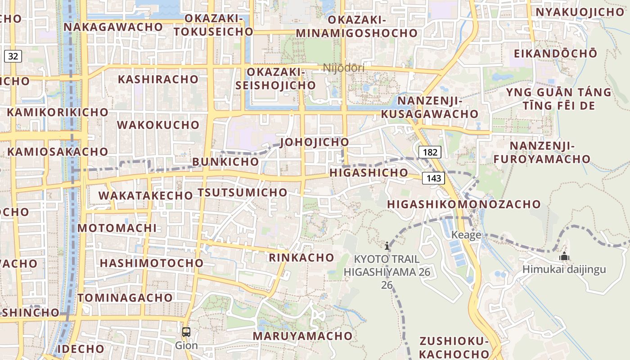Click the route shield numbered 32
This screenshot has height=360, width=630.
tap(13, 56)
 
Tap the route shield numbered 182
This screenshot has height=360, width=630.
tap(430, 152)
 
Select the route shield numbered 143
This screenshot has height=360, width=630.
tap(433, 178)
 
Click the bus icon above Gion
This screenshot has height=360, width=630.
tap(186, 332)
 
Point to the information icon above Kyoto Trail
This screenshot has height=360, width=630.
tap(387, 246)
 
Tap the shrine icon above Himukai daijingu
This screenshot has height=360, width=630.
tap(564, 257)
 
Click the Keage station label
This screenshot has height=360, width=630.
tap(466, 235)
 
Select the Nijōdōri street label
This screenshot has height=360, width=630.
tap(344, 68)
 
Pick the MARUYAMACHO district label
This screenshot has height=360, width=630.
tap(302, 336)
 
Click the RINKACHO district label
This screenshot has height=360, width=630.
tap(301, 257)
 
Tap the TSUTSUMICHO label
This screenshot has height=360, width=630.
tap(242, 192)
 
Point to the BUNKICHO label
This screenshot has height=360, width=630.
tap(225, 162)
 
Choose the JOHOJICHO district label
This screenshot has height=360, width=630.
tap(314, 142)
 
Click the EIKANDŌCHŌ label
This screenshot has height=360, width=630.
tap(556, 53)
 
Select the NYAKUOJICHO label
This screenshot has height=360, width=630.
tap(580, 12)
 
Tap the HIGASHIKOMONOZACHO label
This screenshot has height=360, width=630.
tap(464, 204)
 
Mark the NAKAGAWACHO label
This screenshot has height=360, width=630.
tap(113, 27)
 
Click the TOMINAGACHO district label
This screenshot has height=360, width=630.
tap(125, 297)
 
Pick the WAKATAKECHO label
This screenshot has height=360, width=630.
tap(145, 195)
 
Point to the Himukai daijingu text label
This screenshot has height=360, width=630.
tap(564, 270)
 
